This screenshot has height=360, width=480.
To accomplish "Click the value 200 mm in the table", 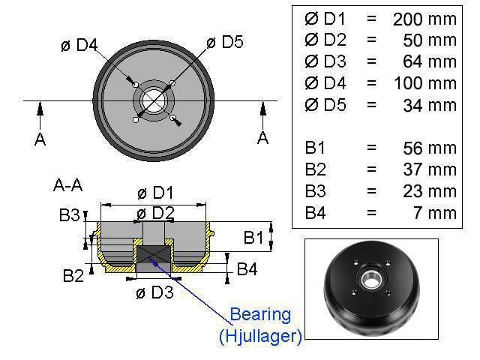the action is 424,19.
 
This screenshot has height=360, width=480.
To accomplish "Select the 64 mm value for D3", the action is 430,61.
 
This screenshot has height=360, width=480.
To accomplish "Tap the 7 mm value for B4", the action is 435,213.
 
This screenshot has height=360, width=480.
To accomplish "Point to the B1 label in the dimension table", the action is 315,148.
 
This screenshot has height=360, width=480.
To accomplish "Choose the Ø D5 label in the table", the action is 325,105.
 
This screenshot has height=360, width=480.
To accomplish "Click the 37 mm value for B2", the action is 430,169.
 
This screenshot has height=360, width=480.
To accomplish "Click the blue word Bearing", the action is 260,315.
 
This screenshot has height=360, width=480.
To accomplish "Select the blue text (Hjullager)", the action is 260,336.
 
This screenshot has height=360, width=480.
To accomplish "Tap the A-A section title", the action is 68,185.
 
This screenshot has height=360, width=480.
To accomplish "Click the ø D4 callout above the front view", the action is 79,45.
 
